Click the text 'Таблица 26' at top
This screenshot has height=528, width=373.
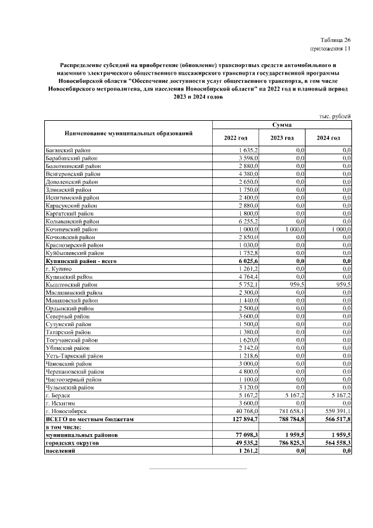[x=335, y=39]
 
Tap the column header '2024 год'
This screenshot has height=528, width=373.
[x=328, y=137]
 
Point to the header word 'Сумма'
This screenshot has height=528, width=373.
[x=282, y=125]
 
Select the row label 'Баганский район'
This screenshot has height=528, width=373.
[x=69, y=150]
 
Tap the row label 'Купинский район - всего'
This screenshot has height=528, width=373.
[x=82, y=261]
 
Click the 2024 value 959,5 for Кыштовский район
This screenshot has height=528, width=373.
[x=341, y=284]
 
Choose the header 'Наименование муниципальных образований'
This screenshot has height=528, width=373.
[x=128, y=133]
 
